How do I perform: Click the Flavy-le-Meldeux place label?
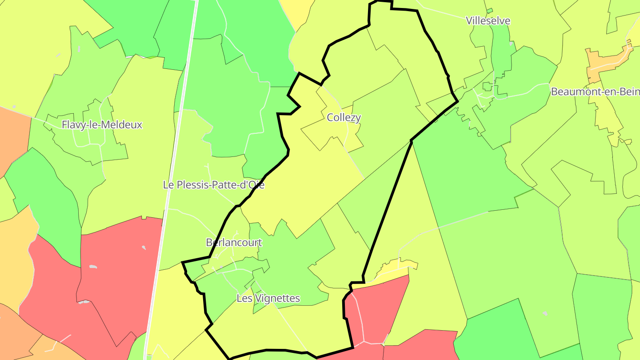[x=102, y=125]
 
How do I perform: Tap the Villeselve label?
[x=488, y=21]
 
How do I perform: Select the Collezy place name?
[x=344, y=118]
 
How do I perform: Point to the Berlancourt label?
[x=234, y=243]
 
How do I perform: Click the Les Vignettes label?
[x=268, y=298]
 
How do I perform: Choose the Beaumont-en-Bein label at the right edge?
[x=595, y=92]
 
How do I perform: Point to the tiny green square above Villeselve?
[x=489, y=11]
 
